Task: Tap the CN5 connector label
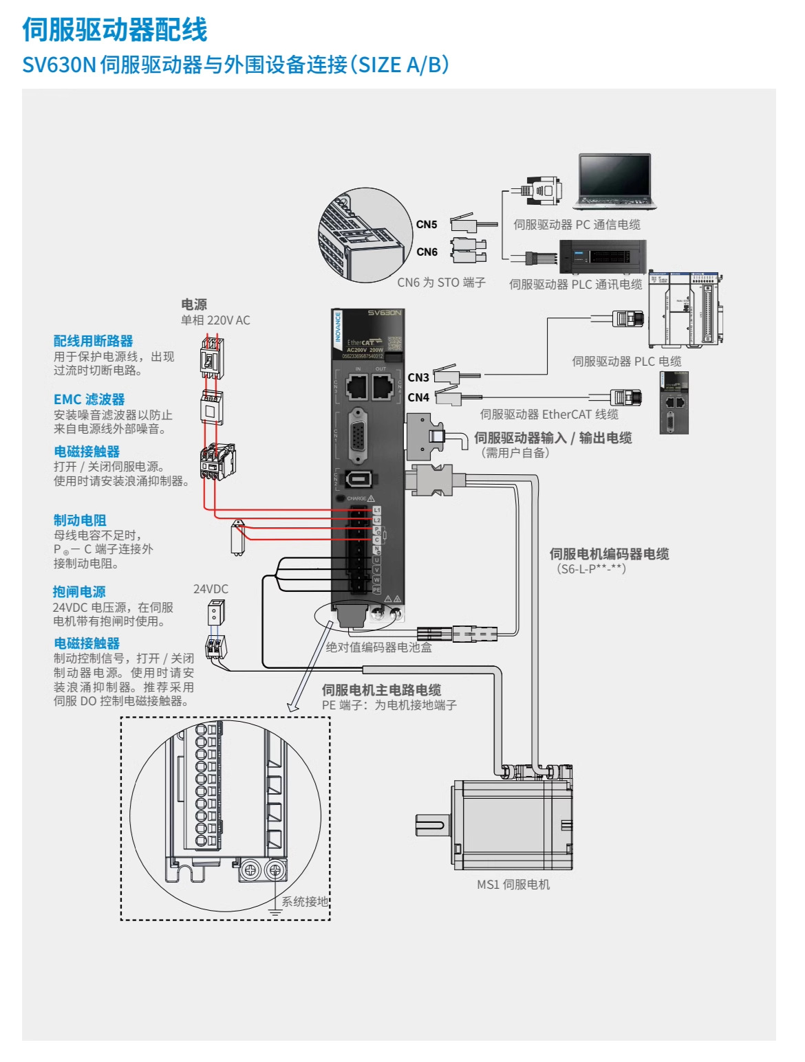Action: [x=427, y=224]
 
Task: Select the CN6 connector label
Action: [x=427, y=252]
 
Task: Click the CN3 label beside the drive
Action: [x=418, y=377]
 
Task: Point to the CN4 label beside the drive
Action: [x=418, y=397]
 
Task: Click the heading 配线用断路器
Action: [x=94, y=341]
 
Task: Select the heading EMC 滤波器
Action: [x=89, y=399]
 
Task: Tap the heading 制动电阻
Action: [x=80, y=520]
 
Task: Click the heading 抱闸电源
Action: [x=80, y=592]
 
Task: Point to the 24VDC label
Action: [x=211, y=589]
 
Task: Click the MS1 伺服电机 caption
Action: [x=513, y=885]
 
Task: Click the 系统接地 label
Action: [x=305, y=901]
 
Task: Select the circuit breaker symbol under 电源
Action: [x=211, y=358]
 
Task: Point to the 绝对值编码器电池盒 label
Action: [x=378, y=647]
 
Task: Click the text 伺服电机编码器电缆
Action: [x=609, y=554]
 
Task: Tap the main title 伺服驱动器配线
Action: [x=115, y=30]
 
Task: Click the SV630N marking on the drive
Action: [x=384, y=313]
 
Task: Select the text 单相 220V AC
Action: [x=215, y=320]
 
